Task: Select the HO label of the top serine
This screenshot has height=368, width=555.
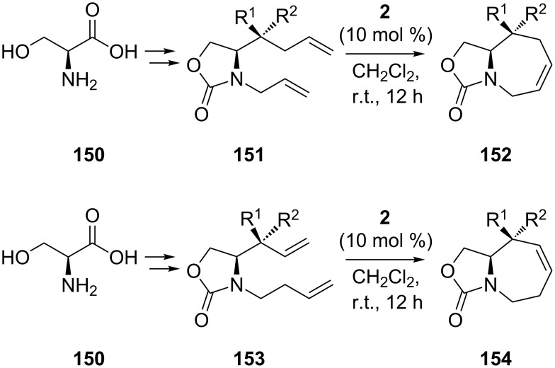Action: (16, 52)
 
